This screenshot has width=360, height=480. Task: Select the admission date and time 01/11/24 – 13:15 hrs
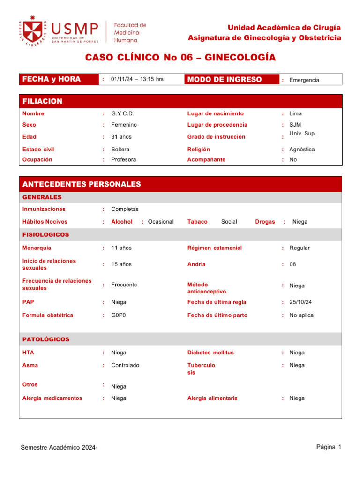(137, 79)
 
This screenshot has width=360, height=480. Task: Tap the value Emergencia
(304, 80)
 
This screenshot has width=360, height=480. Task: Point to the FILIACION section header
(42, 101)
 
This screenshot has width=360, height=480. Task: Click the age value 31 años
(121, 137)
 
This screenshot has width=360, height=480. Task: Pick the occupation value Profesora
(124, 159)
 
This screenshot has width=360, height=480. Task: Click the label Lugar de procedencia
(217, 125)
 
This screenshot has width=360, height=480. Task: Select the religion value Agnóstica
(302, 150)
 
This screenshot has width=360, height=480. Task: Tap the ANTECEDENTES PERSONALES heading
(82, 184)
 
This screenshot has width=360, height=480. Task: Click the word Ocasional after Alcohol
(161, 222)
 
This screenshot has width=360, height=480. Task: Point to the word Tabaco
(197, 222)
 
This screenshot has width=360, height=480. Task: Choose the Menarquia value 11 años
(121, 247)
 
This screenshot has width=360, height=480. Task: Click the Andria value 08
(293, 264)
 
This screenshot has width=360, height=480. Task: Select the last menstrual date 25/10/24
(301, 302)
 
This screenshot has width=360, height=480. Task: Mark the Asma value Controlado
(125, 365)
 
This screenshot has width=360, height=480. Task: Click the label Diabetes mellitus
(210, 352)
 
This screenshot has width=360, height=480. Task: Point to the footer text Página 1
(329, 447)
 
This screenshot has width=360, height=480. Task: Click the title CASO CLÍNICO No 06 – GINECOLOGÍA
(180, 58)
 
